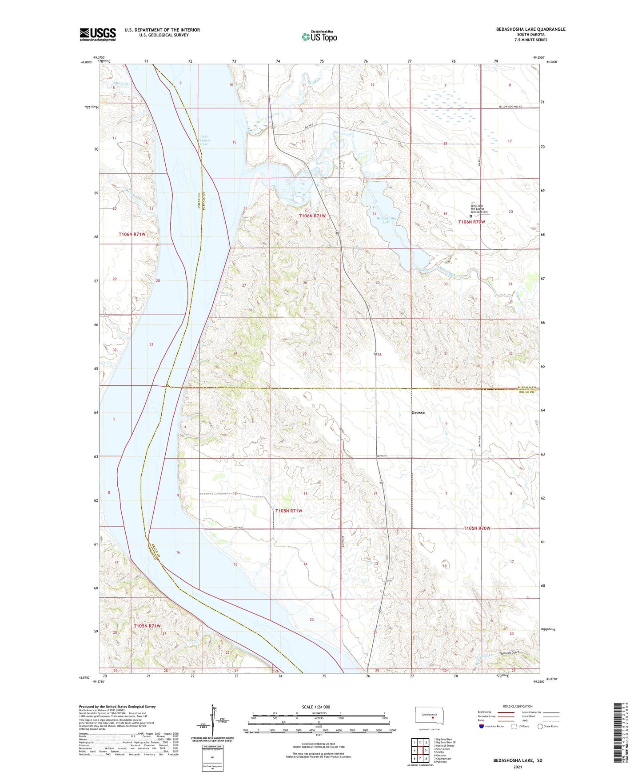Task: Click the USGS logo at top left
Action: (x=98, y=34)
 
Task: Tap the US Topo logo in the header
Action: (x=319, y=36)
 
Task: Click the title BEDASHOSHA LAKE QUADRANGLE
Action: (x=530, y=29)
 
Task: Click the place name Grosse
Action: (x=418, y=412)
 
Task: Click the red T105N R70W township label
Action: (x=477, y=528)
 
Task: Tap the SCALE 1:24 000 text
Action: (x=315, y=707)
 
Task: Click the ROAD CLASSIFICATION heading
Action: (x=518, y=706)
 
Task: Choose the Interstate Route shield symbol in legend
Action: (x=482, y=726)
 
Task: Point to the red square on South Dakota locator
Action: (x=432, y=716)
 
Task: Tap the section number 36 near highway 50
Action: (x=379, y=355)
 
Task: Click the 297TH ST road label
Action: (x=382, y=456)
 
